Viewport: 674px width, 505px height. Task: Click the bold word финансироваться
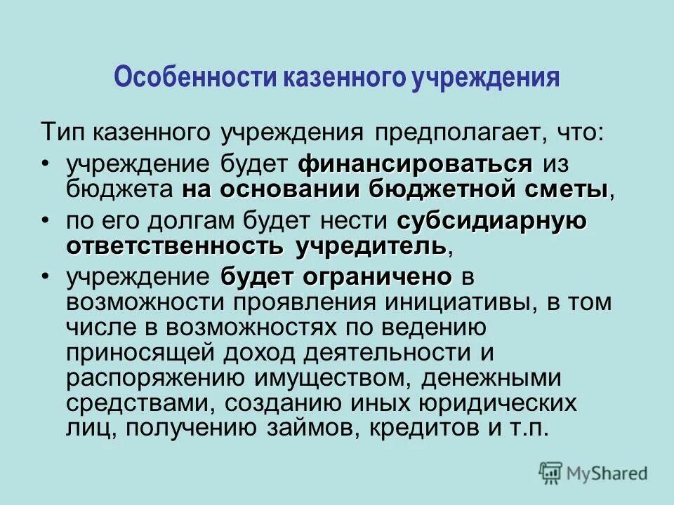416,166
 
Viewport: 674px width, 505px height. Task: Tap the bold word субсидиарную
491,222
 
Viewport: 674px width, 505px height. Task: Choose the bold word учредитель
372,246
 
